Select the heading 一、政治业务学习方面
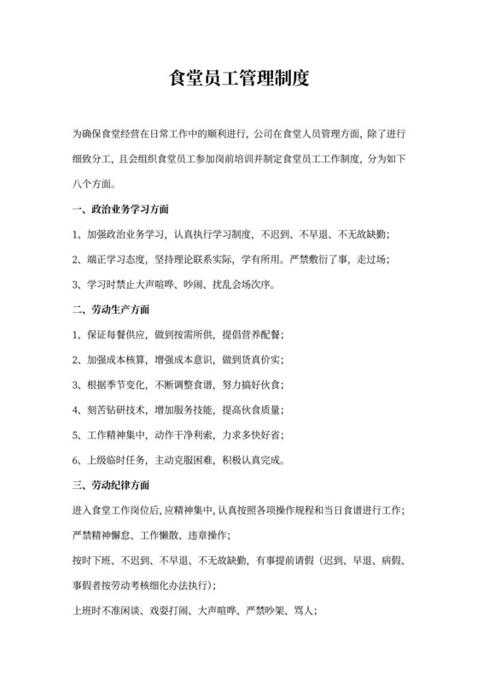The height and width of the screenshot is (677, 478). (x=120, y=209)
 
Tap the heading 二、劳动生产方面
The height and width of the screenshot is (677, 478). (x=114, y=308)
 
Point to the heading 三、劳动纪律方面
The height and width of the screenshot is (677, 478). (x=114, y=486)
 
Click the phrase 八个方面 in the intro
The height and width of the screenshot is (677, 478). (x=94, y=183)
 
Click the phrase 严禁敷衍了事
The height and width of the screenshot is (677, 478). (x=316, y=258)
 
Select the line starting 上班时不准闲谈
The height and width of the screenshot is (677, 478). (x=195, y=611)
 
